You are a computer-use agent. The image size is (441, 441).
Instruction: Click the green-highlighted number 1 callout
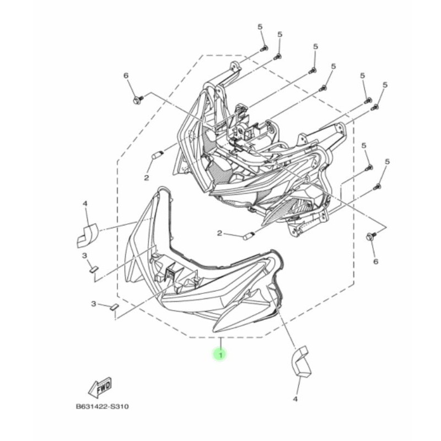pyautogui.click(x=219, y=355)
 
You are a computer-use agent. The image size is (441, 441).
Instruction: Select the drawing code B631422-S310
pyautogui.click(x=104, y=407)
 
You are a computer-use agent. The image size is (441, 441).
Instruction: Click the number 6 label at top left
pyautogui.click(x=126, y=76)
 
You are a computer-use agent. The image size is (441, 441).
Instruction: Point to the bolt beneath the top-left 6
pyautogui.click(x=137, y=100)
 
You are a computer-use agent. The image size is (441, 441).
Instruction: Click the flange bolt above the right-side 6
pyautogui.click(x=370, y=237)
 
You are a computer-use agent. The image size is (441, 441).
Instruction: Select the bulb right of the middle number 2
pyautogui.click(x=248, y=236)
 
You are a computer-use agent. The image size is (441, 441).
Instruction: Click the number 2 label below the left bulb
pyautogui.click(x=147, y=178)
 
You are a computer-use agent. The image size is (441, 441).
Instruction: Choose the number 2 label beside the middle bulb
pyautogui.click(x=219, y=234)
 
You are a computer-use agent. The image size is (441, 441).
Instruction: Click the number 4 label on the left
pyautogui.click(x=85, y=204)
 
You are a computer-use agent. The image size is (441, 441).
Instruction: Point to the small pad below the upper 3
pyautogui.click(x=93, y=269)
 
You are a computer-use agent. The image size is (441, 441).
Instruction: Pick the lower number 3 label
pyautogui.click(x=94, y=304)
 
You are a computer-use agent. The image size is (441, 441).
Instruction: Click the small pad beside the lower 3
pyautogui.click(x=114, y=307)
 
